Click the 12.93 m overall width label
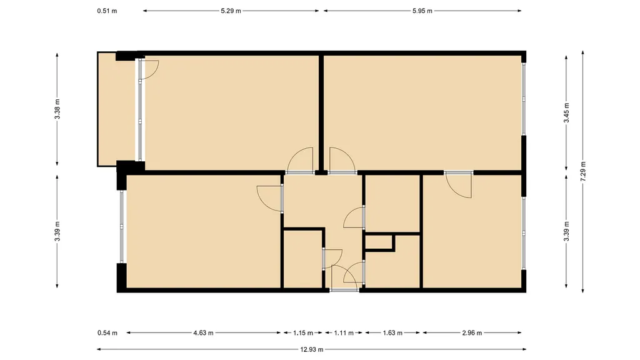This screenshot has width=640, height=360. tap(311, 349)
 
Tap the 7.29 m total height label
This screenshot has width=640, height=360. tap(583, 172)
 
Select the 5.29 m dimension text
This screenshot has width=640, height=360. tap(231, 11)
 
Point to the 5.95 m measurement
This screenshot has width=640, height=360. tap(422, 11)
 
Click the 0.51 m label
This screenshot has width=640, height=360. tap(107, 11)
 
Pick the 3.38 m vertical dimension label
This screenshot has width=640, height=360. tap(57, 109)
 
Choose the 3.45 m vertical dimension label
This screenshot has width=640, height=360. tap(566, 112)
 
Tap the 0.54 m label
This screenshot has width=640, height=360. tap(107, 333)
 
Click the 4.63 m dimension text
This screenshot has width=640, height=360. tap(203, 333)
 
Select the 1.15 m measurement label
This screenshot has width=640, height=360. tap(303, 333)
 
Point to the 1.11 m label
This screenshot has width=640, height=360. tap(344, 333)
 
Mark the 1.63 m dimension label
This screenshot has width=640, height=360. tap(392, 333)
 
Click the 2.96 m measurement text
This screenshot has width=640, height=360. tap(472, 333)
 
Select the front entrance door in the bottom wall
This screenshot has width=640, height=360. tap(344, 290)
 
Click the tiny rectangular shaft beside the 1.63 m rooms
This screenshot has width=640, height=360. tap(379, 242)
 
